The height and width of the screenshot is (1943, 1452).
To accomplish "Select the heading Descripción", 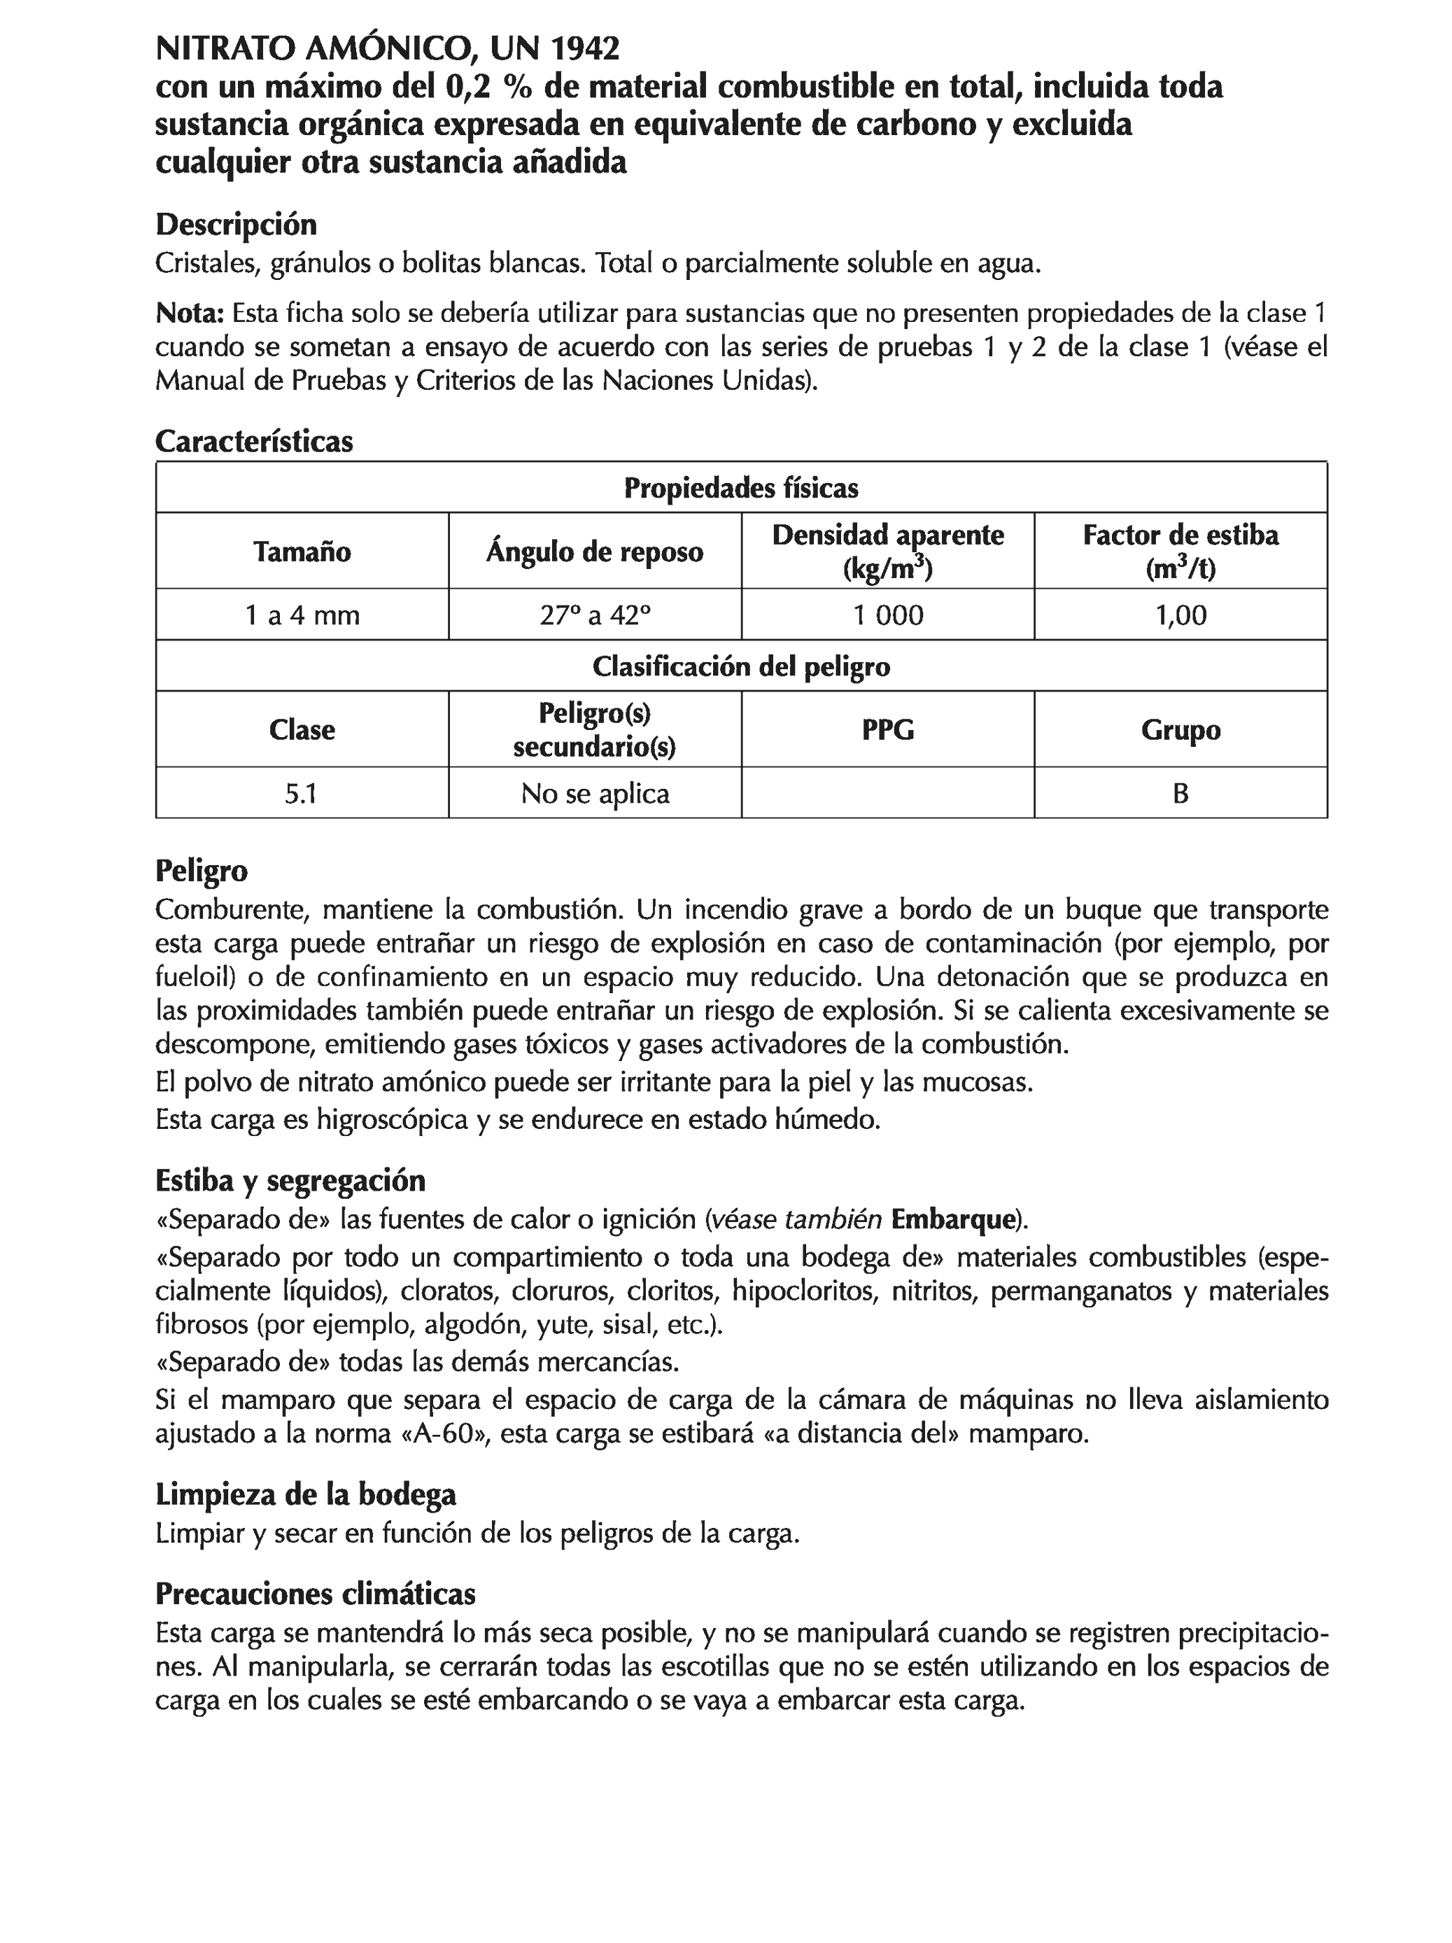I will [235, 225].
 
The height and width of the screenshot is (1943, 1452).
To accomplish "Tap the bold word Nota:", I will [190, 314].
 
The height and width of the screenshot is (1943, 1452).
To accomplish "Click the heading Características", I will [254, 441].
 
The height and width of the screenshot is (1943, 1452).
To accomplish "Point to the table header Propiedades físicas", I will [740, 489].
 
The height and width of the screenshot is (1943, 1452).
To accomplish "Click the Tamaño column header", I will [302, 552].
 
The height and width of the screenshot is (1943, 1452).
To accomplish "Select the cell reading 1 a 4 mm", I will [302, 615].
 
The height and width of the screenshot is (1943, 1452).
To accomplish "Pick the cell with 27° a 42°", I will [595, 615].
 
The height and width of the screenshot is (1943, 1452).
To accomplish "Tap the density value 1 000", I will [887, 615].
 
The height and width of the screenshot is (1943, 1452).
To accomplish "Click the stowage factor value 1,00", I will [1180, 615].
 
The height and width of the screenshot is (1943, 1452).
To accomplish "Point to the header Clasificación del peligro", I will [740, 667].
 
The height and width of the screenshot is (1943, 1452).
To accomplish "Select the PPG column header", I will [887, 730].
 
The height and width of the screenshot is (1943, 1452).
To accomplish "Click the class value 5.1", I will [302, 794].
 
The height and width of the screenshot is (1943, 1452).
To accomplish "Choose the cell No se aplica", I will [595, 794].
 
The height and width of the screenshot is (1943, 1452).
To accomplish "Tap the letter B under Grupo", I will [1180, 794].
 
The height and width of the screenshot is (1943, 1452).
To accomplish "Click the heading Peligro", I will [201, 871].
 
